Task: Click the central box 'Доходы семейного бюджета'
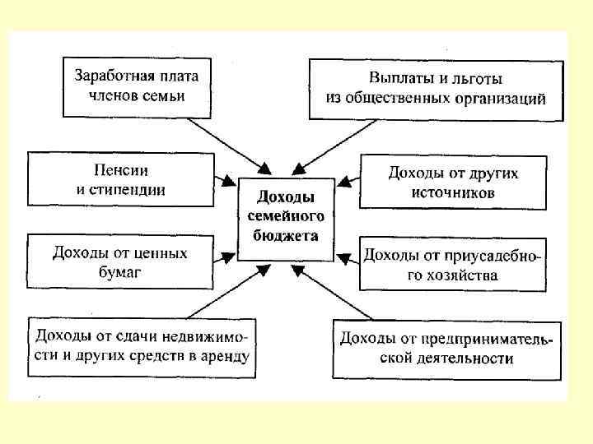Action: tap(286, 217)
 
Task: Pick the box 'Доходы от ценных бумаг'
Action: tap(120, 261)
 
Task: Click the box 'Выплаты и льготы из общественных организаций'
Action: tap(437, 89)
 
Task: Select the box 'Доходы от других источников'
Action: tap(453, 183)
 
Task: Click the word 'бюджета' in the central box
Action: tap(286, 234)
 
